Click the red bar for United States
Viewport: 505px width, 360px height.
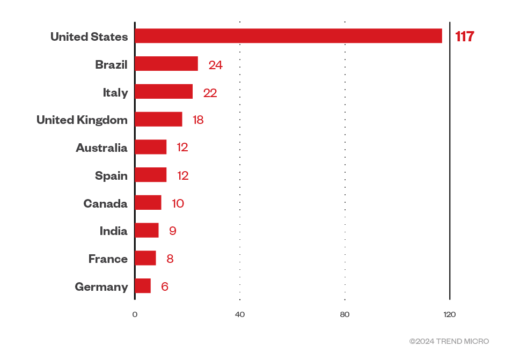pos(288,36)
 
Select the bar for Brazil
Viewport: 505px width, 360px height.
pos(166,64)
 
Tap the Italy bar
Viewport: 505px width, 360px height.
pos(164,92)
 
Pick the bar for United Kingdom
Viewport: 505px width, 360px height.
pos(158,120)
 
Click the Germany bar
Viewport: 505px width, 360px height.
pos(143,286)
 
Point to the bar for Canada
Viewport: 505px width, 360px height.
pos(148,203)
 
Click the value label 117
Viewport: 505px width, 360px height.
pos(465,36)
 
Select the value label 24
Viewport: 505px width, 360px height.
pos(216,65)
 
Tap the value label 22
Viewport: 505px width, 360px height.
pos(210,93)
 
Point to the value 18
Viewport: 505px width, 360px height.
pos(198,120)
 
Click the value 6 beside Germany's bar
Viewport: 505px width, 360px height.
pos(165,286)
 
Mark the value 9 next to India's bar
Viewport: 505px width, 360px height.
pos(173,231)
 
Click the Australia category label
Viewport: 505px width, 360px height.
pos(101,148)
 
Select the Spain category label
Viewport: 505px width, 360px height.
pos(111,175)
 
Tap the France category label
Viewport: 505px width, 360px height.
pos(108,259)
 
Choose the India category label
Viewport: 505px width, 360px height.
pos(113,231)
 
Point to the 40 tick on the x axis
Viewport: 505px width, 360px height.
pos(240,314)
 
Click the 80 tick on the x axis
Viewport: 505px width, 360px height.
pos(345,314)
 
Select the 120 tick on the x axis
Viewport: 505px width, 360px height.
pos(450,314)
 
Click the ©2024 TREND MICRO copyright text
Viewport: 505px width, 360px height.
pos(449,341)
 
